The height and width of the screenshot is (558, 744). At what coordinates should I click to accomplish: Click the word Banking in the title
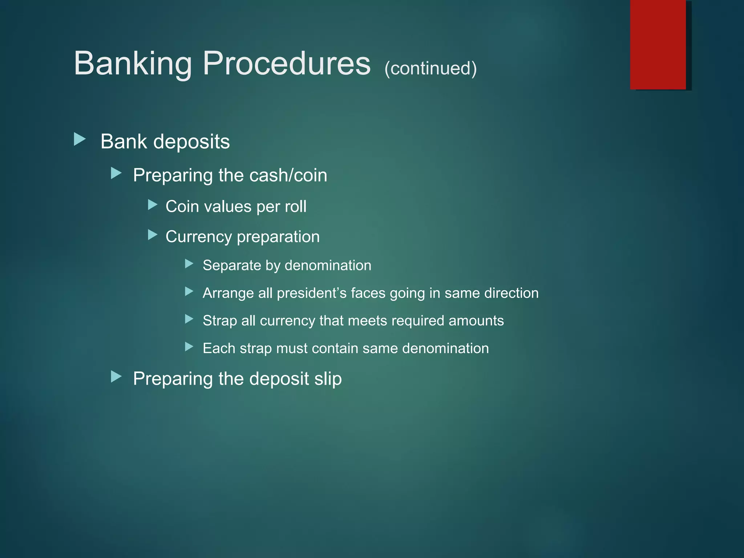[x=133, y=64]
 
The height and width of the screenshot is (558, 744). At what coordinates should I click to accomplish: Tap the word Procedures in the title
[x=287, y=64]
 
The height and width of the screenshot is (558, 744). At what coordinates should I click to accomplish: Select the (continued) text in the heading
[x=430, y=68]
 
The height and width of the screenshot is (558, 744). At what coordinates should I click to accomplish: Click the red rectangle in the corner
[x=658, y=44]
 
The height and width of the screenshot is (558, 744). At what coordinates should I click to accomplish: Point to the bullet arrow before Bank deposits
[x=80, y=139]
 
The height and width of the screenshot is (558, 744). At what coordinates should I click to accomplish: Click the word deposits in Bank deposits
[x=191, y=142]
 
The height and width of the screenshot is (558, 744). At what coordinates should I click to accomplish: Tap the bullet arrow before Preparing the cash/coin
[x=116, y=173]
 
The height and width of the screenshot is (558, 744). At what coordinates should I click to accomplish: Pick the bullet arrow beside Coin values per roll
[x=153, y=205]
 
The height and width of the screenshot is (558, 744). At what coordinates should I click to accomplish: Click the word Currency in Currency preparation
[x=198, y=237]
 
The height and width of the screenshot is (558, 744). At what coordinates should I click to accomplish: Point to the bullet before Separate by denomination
[x=189, y=264]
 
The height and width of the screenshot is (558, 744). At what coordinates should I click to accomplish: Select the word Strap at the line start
[x=220, y=321]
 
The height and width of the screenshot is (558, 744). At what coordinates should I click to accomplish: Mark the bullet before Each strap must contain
[x=189, y=347]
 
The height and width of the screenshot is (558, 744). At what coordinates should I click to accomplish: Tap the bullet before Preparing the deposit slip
[x=116, y=377]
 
